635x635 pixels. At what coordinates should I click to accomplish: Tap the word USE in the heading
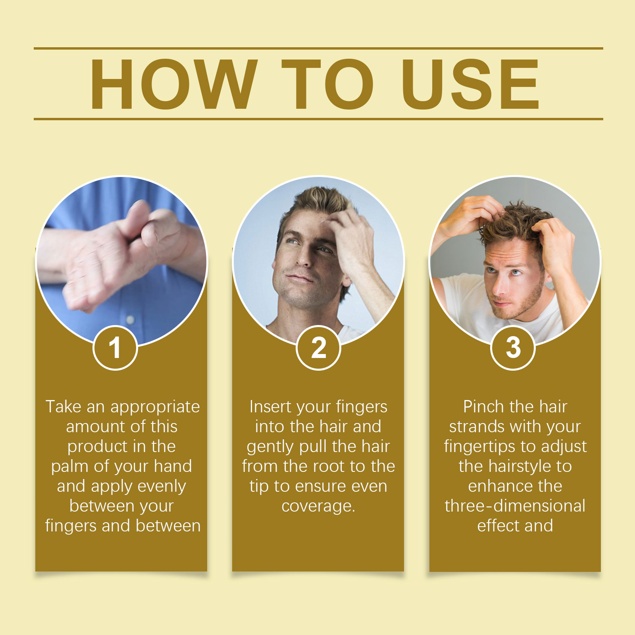[470, 84]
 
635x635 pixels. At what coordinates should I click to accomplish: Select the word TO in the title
[328, 84]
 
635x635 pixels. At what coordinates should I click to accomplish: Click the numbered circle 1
[115, 348]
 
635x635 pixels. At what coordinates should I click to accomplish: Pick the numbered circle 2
[318, 348]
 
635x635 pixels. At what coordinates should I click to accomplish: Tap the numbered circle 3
[513, 348]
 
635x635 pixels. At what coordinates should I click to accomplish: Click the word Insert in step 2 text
[270, 407]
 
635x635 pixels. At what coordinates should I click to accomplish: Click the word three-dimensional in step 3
[515, 506]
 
